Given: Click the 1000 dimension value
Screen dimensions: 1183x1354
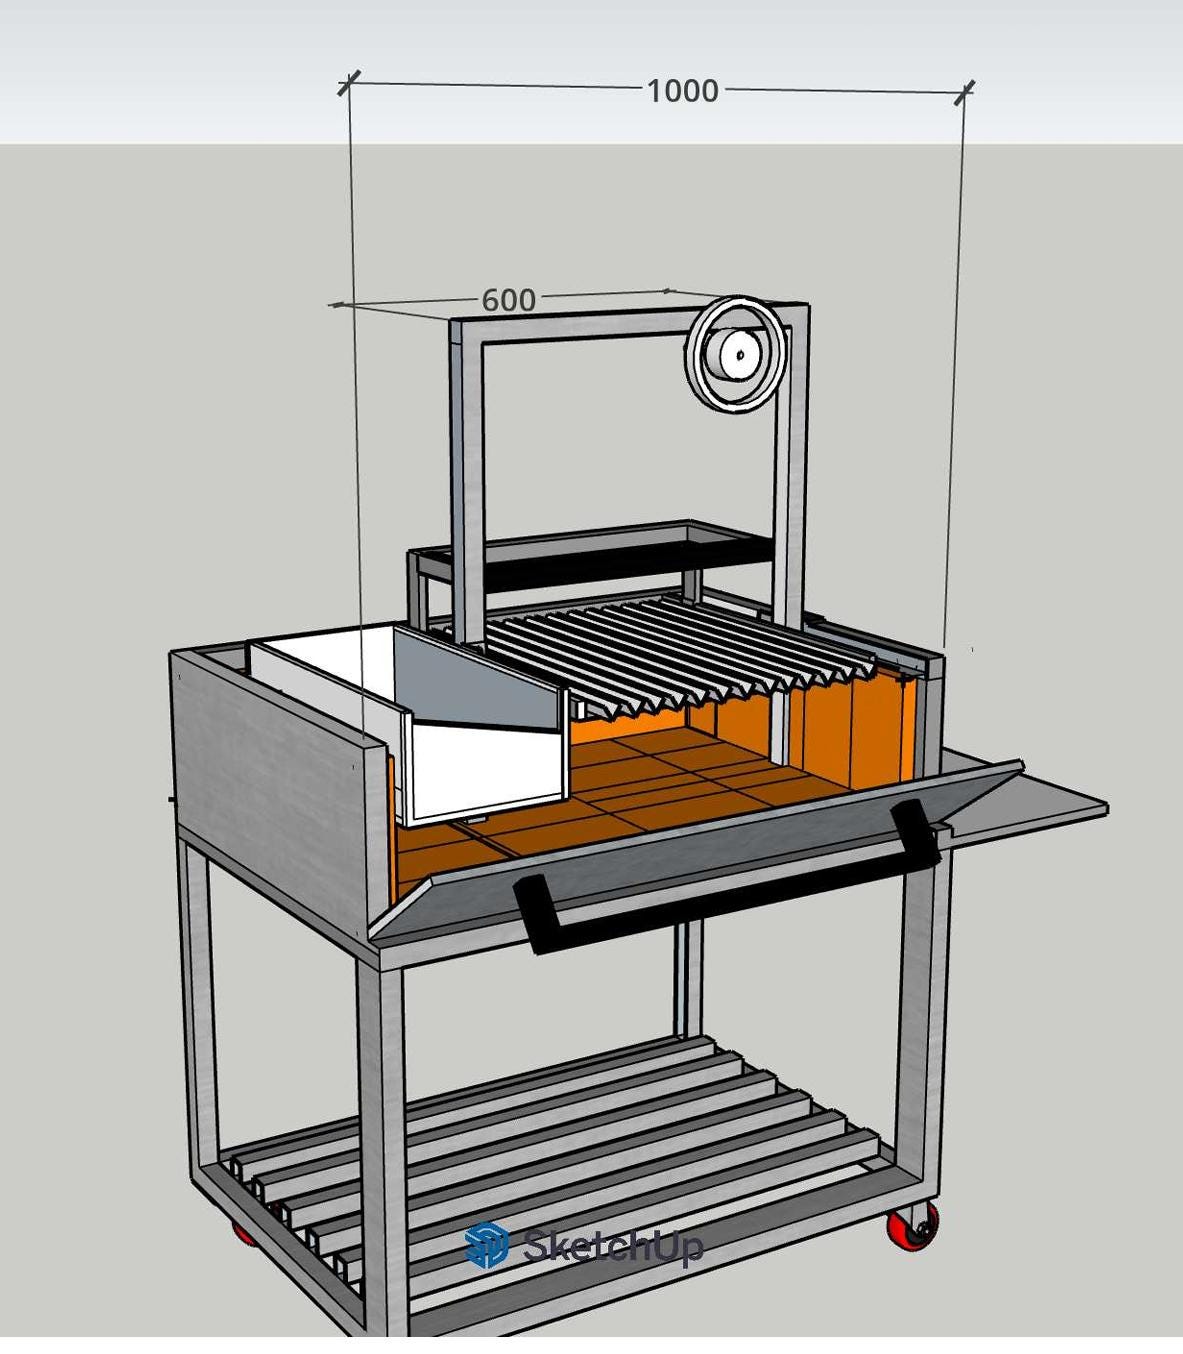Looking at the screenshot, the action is click(x=682, y=91).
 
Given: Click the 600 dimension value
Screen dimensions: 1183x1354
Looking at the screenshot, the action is click(x=508, y=300).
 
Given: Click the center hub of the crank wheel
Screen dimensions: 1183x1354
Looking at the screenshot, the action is click(x=740, y=355).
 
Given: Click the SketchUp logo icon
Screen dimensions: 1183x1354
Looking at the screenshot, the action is click(x=487, y=1244).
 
